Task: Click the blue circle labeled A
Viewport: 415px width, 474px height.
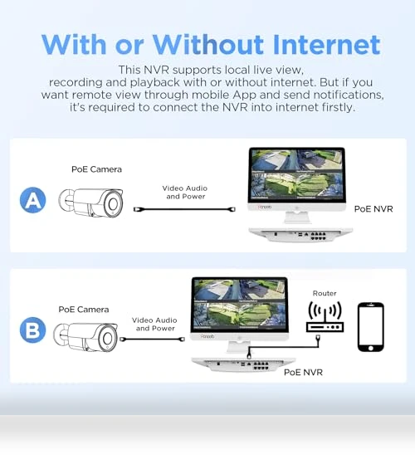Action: [32, 200]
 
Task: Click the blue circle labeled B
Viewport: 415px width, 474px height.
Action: [32, 330]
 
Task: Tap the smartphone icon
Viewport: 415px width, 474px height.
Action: [370, 327]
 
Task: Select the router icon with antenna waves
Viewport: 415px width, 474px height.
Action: [325, 317]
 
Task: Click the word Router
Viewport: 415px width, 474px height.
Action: [325, 293]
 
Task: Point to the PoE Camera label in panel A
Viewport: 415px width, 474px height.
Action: [97, 169]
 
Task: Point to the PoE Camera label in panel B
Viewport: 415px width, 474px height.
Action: [84, 310]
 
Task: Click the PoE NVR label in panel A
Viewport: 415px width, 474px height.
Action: [373, 209]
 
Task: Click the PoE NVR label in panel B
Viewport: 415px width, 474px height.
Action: [303, 373]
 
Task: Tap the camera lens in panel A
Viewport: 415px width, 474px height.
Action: [114, 204]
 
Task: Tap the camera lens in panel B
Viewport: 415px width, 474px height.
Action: [108, 339]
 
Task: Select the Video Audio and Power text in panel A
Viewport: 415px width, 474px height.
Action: [185, 193]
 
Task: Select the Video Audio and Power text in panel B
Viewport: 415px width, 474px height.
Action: [154, 324]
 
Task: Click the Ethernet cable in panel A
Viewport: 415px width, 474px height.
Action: [184, 209]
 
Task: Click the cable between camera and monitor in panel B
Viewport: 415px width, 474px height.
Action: [152, 340]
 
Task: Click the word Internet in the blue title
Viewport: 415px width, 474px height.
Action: [326, 45]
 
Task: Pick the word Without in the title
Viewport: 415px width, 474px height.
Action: [208, 45]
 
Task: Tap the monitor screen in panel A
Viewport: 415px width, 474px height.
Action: [297, 175]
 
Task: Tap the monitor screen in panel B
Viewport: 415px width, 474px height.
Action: [239, 305]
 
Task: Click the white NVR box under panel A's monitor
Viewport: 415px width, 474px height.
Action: [300, 235]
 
